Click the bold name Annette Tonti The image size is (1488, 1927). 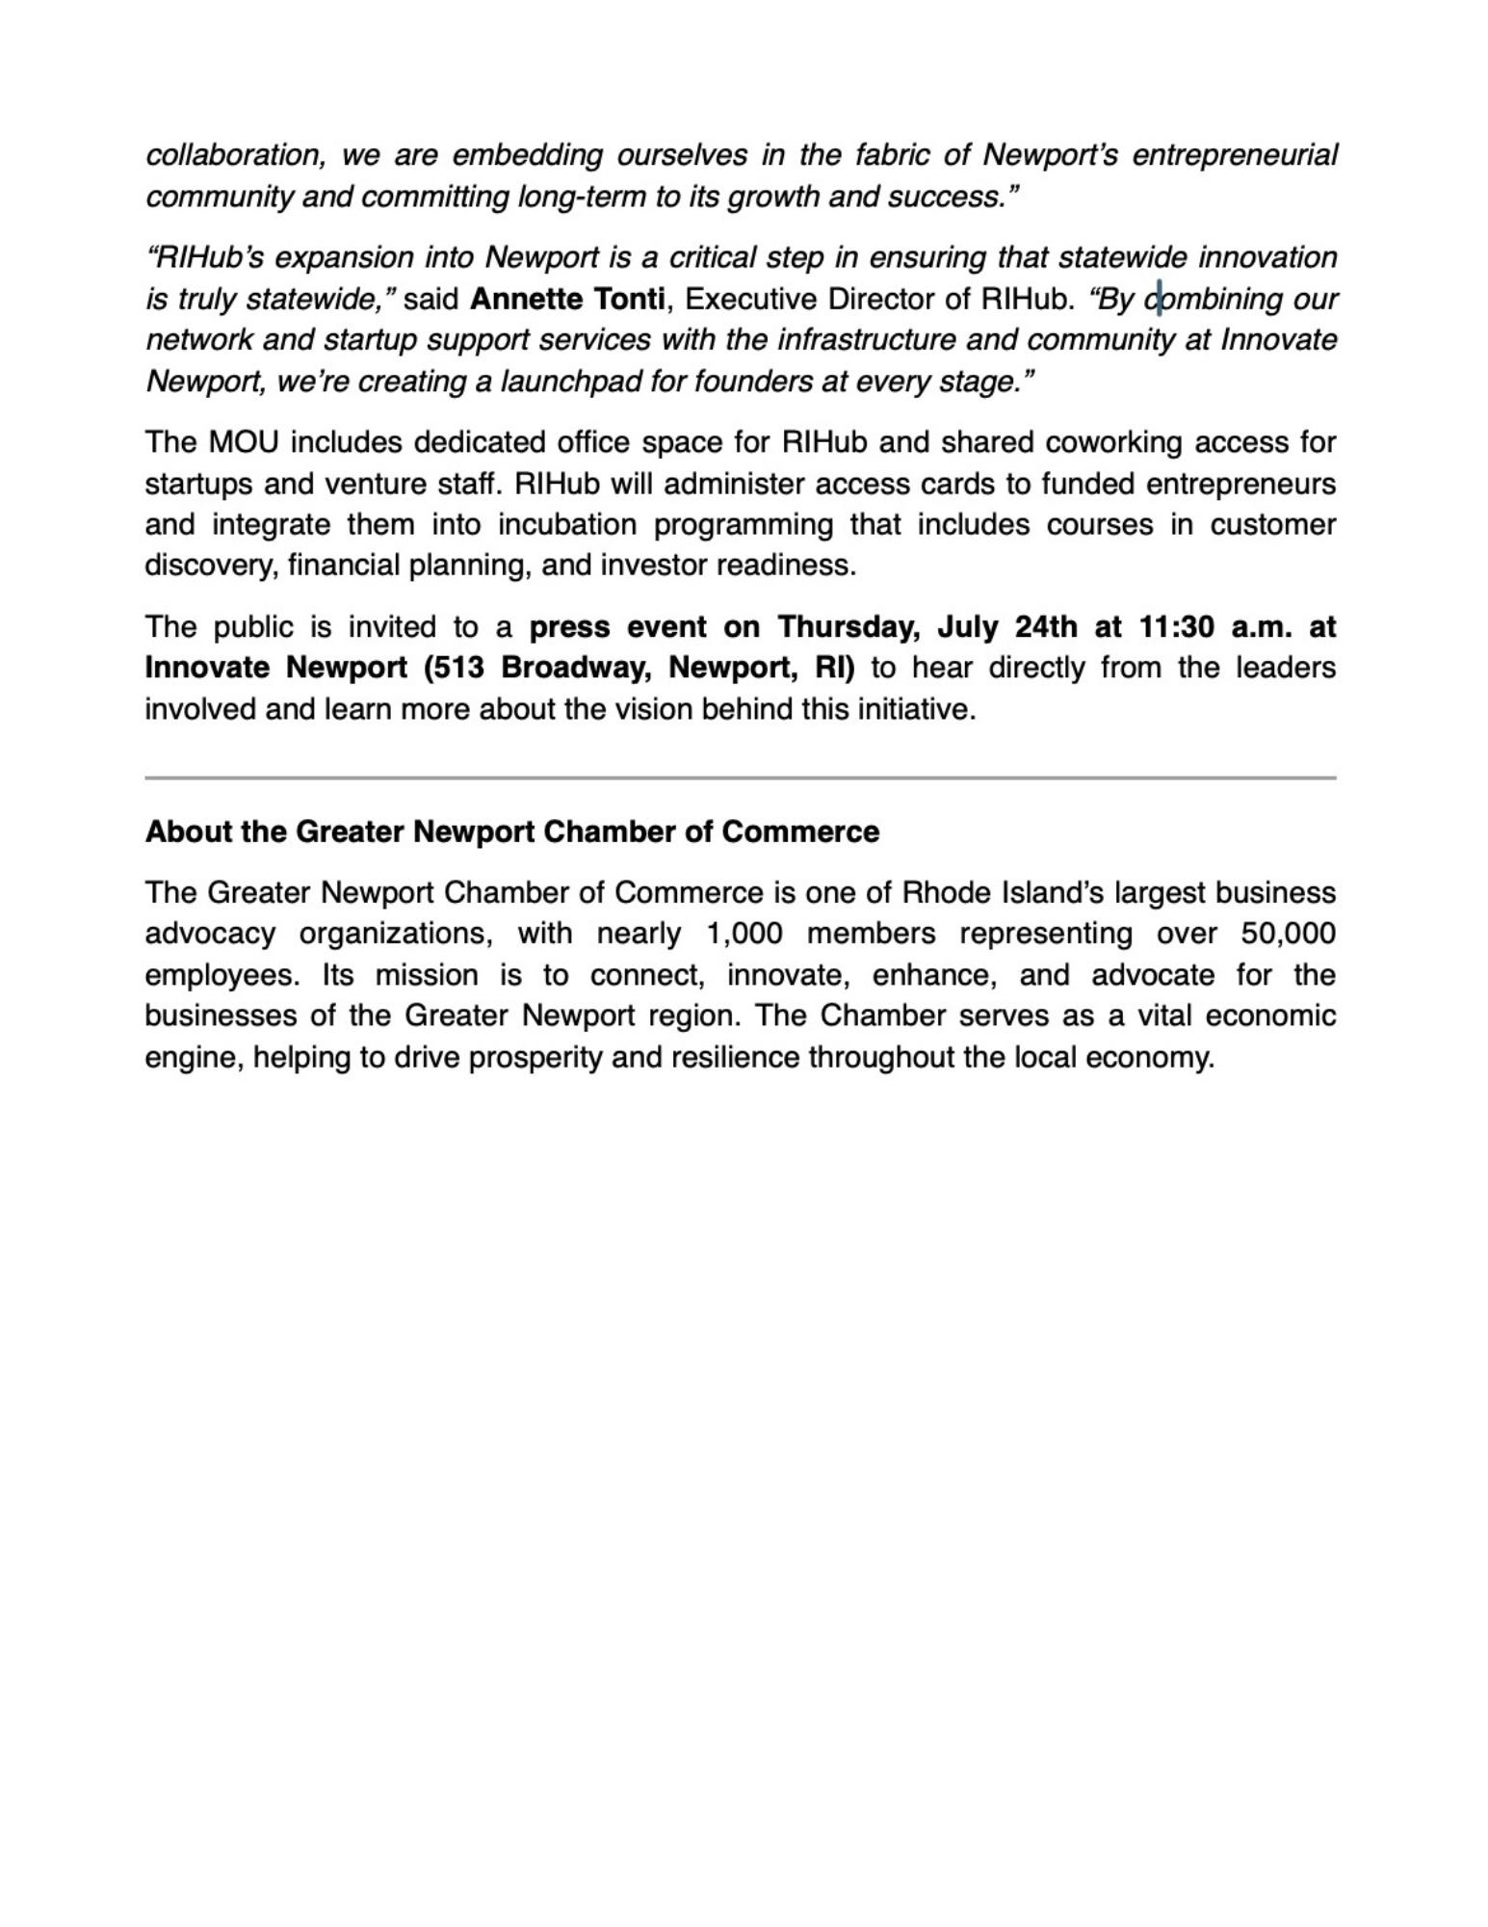[567, 300]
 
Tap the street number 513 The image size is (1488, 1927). [457, 668]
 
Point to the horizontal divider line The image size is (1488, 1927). [740, 778]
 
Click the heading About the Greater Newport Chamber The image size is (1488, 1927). [511, 832]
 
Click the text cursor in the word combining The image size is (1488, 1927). [1159, 300]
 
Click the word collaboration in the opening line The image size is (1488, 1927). [234, 155]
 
